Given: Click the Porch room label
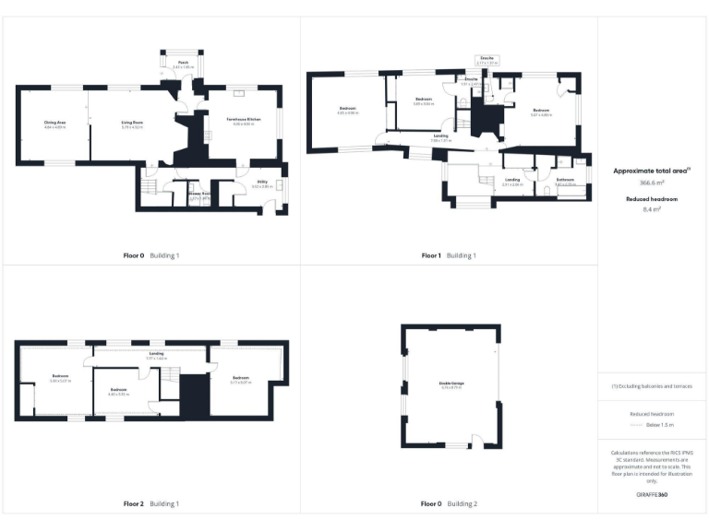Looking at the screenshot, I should click(184, 62).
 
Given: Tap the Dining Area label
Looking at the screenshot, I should click(55, 122).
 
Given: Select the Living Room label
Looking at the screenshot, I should click(132, 122).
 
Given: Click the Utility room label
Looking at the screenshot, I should click(262, 183).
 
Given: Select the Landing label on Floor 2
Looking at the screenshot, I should click(157, 353).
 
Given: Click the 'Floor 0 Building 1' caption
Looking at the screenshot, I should click(151, 255).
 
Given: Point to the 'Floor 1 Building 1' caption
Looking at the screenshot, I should click(449, 255).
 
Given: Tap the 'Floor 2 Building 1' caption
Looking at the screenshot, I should click(151, 504).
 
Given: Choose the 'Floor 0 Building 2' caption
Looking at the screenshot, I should click(449, 504).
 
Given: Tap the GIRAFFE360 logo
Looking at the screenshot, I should click(652, 496).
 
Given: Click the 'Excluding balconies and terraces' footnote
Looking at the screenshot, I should click(652, 386).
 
